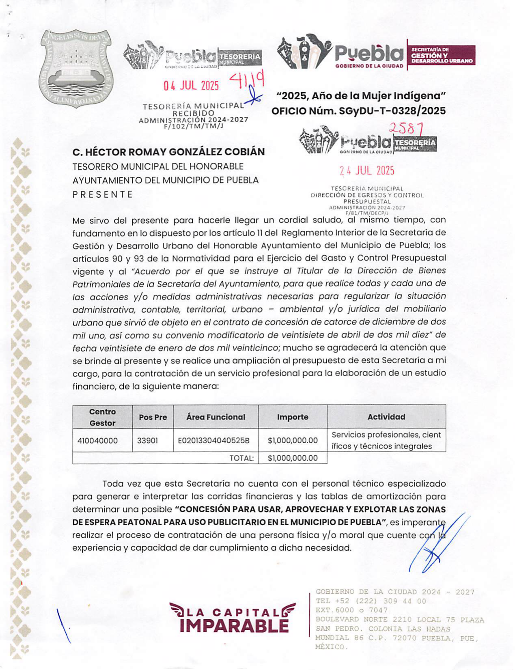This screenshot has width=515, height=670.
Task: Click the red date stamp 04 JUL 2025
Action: tap(191, 86)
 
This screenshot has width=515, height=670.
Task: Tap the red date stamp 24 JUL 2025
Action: tap(367, 171)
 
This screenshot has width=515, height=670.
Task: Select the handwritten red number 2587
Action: tap(406, 129)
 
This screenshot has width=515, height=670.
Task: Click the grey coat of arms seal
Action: tap(76, 68)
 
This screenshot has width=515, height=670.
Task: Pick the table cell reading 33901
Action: tap(147, 441)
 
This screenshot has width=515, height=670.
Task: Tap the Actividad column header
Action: tap(386, 417)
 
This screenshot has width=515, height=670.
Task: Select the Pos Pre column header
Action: tap(153, 417)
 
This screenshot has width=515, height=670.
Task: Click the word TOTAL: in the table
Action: tap(241, 458)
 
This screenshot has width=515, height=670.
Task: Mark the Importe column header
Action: tap(293, 417)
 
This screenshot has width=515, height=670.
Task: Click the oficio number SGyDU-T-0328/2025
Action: tap(389, 111)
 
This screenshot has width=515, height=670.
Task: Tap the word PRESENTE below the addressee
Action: tap(102, 194)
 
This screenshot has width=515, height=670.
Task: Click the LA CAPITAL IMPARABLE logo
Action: tap(233, 618)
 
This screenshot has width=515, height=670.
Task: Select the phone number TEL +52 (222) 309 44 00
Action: tap(371, 601)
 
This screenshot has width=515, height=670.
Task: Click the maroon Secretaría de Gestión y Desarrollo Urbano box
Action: tap(441, 55)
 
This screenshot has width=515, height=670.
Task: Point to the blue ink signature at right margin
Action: tap(436, 544)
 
